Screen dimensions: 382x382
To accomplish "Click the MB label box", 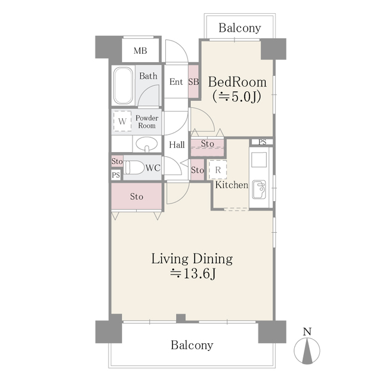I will [x=140, y=50].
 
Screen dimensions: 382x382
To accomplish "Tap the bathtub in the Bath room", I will [x=124, y=85].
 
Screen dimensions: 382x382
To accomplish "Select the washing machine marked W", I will [x=122, y=121].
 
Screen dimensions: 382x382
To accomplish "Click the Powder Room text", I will [x=146, y=122].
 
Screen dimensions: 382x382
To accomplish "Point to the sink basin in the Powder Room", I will [x=146, y=144].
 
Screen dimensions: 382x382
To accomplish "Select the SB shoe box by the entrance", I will [x=193, y=82].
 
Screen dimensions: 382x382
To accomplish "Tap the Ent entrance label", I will [x=176, y=82].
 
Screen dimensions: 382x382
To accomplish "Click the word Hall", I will [x=177, y=145].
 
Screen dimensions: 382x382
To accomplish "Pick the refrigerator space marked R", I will [x=218, y=170].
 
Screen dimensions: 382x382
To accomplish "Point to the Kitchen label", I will [x=232, y=185].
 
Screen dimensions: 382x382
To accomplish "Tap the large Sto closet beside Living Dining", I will [x=137, y=196].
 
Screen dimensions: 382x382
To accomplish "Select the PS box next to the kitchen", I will [x=263, y=141].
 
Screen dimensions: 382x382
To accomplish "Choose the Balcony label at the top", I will [x=239, y=28].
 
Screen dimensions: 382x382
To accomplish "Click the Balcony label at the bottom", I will [x=192, y=345].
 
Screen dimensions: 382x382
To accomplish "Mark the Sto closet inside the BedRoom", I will [x=207, y=144].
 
